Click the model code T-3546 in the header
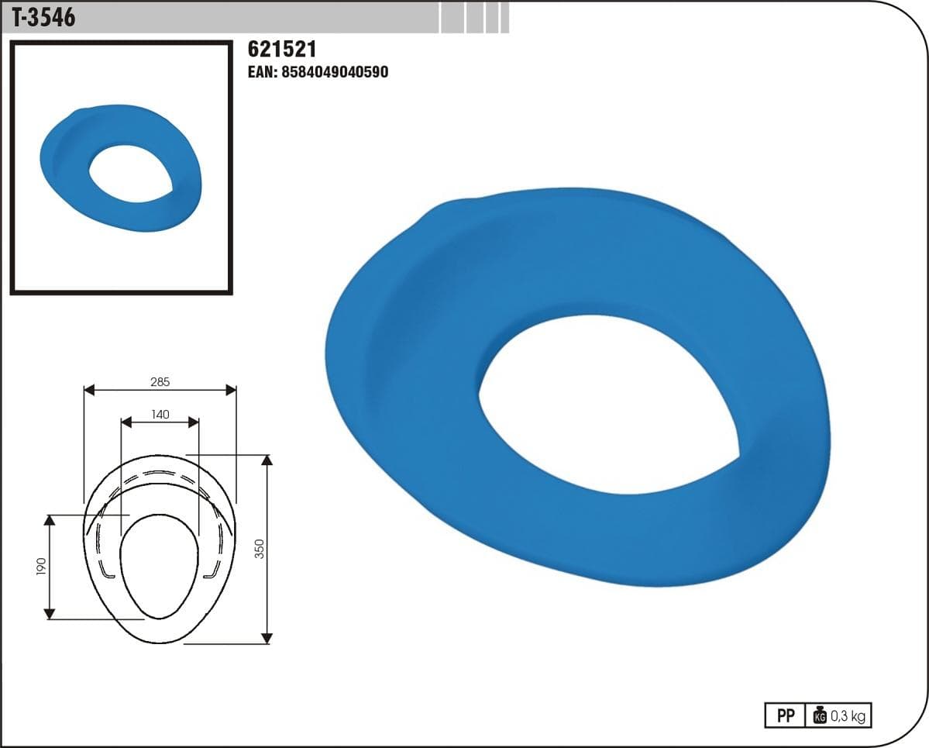44,17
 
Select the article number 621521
282,49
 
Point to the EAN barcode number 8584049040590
335,72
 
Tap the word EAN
262,72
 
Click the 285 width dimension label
160,381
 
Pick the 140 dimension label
160,414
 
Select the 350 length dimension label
260,548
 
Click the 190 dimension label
41,567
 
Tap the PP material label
786,716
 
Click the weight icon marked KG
820,715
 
